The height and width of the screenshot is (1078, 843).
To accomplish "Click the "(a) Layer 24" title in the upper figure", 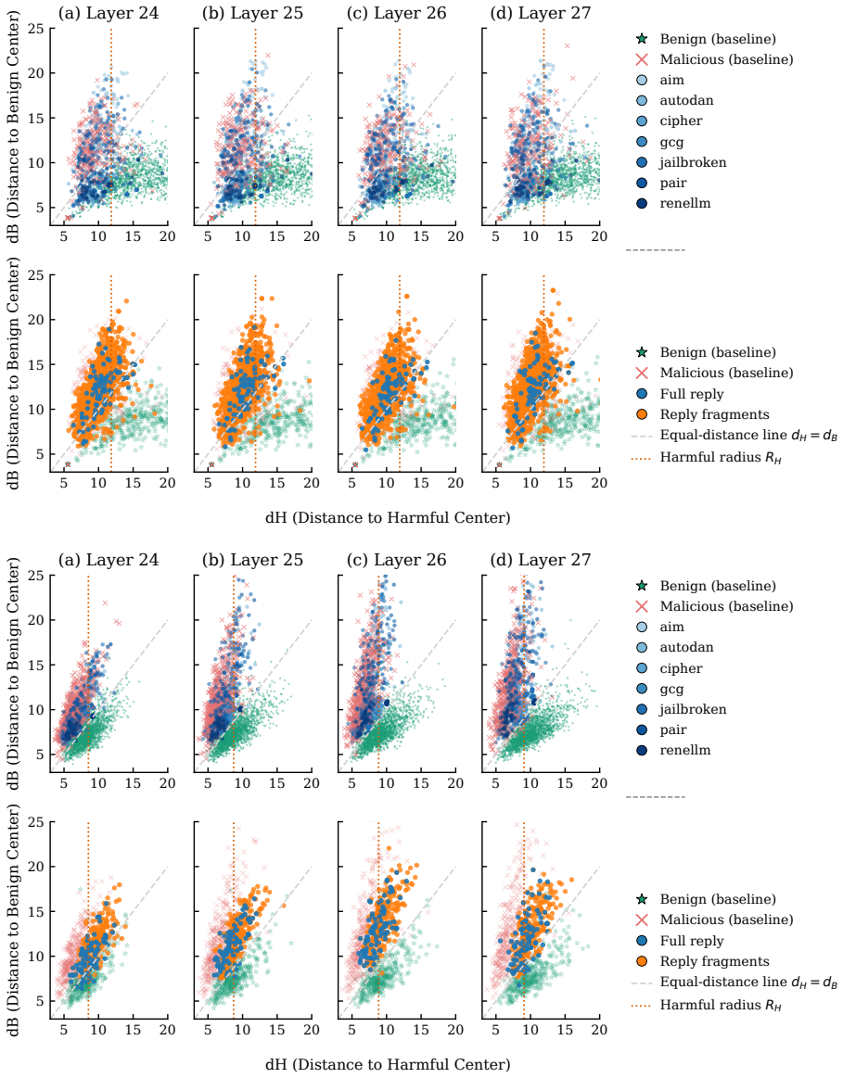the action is coord(108,13).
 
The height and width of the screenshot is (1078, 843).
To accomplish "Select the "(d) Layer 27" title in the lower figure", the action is coord(541,560).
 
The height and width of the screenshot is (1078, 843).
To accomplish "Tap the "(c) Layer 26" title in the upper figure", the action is coord(396,13).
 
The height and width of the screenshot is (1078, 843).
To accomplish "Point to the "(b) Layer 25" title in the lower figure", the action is coord(252,560).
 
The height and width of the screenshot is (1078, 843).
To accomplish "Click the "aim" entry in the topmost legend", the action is coord(671,80).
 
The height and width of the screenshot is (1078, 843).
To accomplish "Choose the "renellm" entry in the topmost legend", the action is coord(684,204).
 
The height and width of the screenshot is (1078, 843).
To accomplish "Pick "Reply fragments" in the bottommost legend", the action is coord(714,961).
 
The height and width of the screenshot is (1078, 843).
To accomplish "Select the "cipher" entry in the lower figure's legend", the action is coord(681,668).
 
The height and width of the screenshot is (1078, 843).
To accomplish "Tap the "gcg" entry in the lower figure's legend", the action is coord(671,689).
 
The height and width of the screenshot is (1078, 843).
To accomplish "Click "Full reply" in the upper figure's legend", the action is coord(692,394).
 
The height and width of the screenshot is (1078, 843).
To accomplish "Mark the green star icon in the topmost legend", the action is coord(642,39).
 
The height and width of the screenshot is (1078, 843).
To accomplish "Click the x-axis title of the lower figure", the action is coord(388,1065).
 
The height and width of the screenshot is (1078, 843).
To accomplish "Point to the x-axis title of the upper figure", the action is coord(388,518).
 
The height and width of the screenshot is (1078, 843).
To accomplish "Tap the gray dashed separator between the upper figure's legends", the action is coord(656,250).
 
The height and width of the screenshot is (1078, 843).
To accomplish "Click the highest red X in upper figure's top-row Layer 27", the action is coord(568,46).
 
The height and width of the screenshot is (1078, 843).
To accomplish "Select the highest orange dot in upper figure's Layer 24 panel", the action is coord(126,301).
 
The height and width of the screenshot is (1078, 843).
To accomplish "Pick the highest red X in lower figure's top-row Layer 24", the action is coord(105,602).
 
